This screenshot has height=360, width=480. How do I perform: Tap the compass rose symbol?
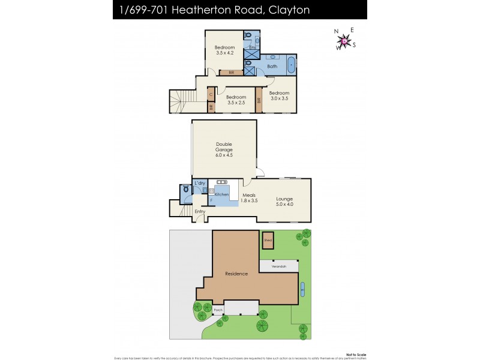344,40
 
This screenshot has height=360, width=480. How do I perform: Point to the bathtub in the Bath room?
291,64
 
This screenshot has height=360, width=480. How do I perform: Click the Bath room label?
272,66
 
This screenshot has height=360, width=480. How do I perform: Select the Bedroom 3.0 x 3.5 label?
279,95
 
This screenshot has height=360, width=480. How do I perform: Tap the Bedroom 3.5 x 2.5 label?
236,100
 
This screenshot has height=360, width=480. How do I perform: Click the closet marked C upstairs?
211,94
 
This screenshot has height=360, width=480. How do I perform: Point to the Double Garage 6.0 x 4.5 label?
224,149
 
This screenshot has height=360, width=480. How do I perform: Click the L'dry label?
200,182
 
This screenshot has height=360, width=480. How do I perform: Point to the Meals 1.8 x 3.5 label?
250,198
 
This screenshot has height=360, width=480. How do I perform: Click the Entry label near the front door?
200,212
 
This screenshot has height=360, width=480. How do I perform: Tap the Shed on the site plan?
268,240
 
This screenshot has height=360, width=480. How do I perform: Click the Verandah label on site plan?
278,266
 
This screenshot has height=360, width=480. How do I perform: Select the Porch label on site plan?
218,310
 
